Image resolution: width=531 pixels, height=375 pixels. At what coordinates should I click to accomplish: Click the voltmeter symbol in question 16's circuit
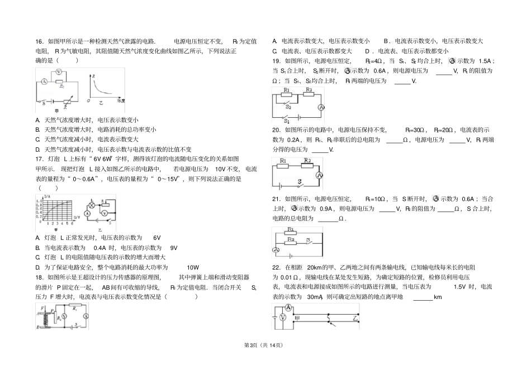coord(59,73)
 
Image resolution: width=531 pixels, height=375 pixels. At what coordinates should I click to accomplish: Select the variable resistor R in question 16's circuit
coord(68,102)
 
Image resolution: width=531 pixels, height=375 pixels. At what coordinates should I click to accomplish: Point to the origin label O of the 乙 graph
coord(88,101)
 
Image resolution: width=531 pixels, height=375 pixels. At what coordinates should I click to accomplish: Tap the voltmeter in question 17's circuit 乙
coord(104,213)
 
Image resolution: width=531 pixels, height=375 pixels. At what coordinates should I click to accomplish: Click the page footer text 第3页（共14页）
coord(265,345)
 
